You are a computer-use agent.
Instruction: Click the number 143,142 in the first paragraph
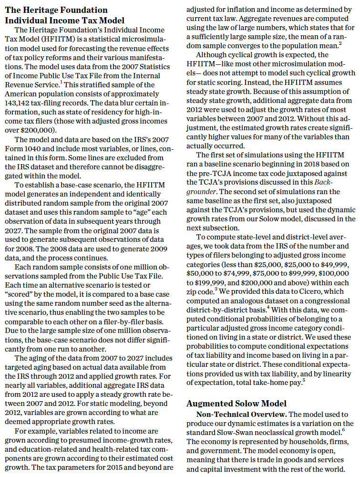(19, 102)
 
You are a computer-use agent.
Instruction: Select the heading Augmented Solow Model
(236, 403)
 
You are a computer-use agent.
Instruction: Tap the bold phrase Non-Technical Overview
(237, 415)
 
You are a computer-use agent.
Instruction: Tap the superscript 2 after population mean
(339, 43)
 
